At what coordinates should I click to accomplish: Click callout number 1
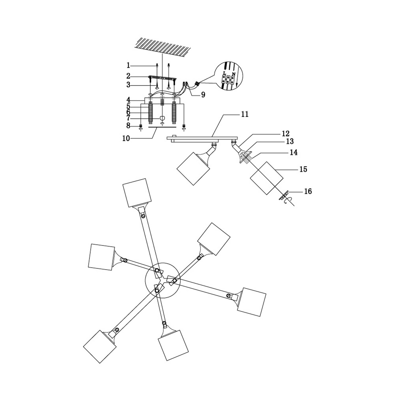pyautogui.click(x=128, y=65)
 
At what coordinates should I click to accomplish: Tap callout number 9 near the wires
pyautogui.click(x=203, y=95)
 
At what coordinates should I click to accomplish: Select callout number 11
pyautogui.click(x=245, y=114)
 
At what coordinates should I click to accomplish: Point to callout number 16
pyautogui.click(x=308, y=191)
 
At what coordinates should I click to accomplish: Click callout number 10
pyautogui.click(x=126, y=138)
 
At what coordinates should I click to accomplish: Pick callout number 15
pyautogui.click(x=303, y=169)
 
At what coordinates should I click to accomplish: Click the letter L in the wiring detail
pyautogui.click(x=224, y=73)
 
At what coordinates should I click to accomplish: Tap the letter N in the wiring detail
pyautogui.click(x=234, y=75)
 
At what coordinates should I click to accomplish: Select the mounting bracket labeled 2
pyautogui.click(x=162, y=78)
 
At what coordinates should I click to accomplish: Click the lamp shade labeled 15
pyautogui.click(x=266, y=178)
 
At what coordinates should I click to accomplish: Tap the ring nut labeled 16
pyautogui.click(x=284, y=195)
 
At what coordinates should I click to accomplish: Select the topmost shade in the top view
pyautogui.click(x=137, y=193)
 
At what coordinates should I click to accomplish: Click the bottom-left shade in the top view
pyautogui.click(x=100, y=347)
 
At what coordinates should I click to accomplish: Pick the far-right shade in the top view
pyautogui.click(x=251, y=302)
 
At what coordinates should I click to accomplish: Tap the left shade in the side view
pyautogui.click(x=193, y=169)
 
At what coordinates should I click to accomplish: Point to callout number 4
pyautogui.click(x=128, y=100)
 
